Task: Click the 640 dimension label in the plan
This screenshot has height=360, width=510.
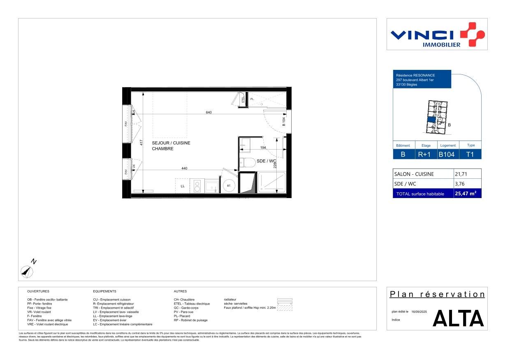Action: (209, 112)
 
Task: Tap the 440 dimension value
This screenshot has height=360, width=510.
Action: (184, 168)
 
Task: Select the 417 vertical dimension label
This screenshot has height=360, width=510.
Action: (141, 143)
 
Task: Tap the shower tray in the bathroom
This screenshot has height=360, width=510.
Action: (271, 182)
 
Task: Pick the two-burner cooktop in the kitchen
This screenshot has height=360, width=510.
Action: (197, 185)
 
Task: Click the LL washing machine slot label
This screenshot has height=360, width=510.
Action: (183, 186)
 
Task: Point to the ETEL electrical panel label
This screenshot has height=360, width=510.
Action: (243, 99)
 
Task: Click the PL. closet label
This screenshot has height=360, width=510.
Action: (252, 99)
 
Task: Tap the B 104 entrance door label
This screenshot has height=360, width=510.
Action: (284, 122)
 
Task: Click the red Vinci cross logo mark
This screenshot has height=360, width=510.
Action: (473, 34)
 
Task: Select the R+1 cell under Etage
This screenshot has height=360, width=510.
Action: (424, 155)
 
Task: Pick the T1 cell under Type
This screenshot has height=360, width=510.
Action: (470, 155)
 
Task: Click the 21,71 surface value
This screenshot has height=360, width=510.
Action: (462, 174)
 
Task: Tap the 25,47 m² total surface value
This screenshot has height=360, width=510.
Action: (465, 193)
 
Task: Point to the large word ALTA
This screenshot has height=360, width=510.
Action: (458, 318)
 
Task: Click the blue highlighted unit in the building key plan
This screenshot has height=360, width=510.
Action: (431, 120)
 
